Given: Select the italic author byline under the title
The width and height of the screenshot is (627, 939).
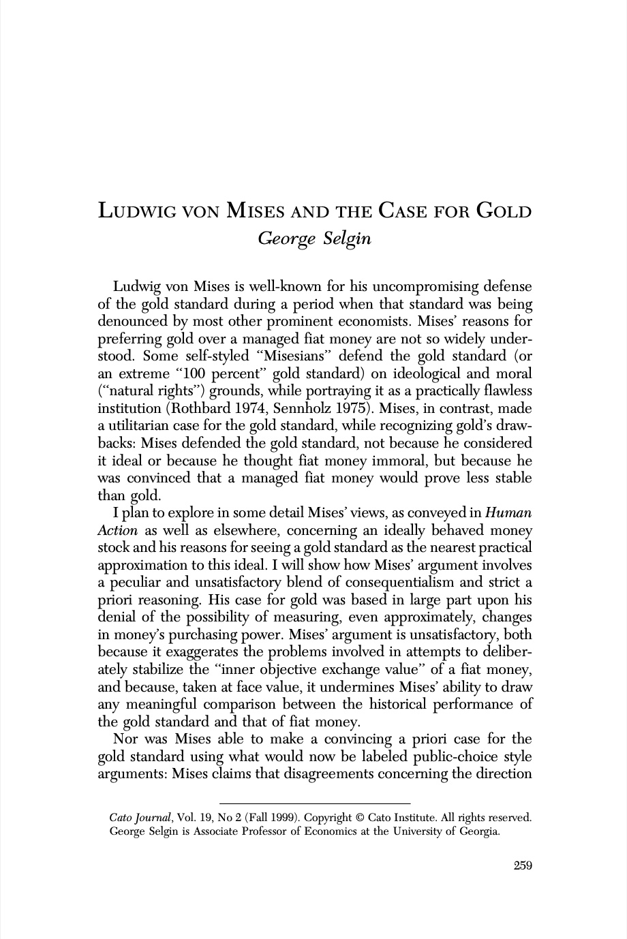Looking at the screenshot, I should (314, 239).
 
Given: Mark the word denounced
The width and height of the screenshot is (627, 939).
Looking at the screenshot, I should (134, 320).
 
